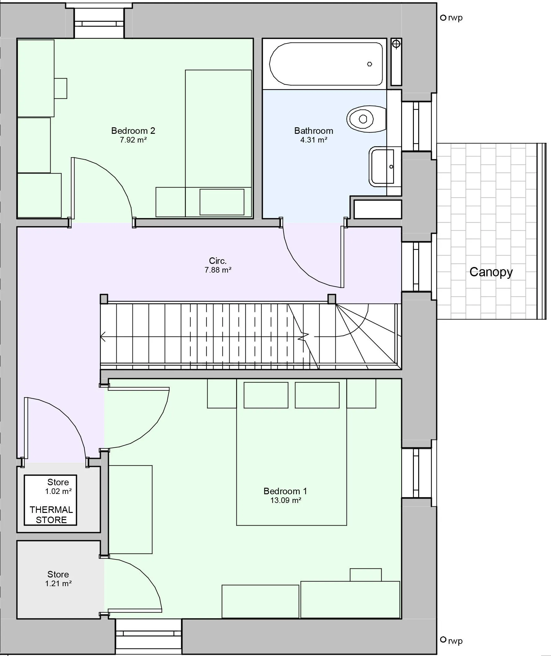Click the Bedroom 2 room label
coord(133,131)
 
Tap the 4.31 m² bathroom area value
coord(314,140)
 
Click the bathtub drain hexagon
coord(370,64)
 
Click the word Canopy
coord(491,272)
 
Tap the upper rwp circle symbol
coord(443,18)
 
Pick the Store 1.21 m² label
coord(58,579)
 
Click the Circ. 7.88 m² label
coord(218,265)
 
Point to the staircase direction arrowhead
coord(102,337)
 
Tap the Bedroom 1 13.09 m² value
coord(285,500)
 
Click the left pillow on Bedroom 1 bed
coord(266,395)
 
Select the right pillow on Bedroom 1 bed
coord(317,395)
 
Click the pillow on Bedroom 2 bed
coord(222,202)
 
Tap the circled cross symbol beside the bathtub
coord(396,44)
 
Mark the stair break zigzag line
coord(304,337)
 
